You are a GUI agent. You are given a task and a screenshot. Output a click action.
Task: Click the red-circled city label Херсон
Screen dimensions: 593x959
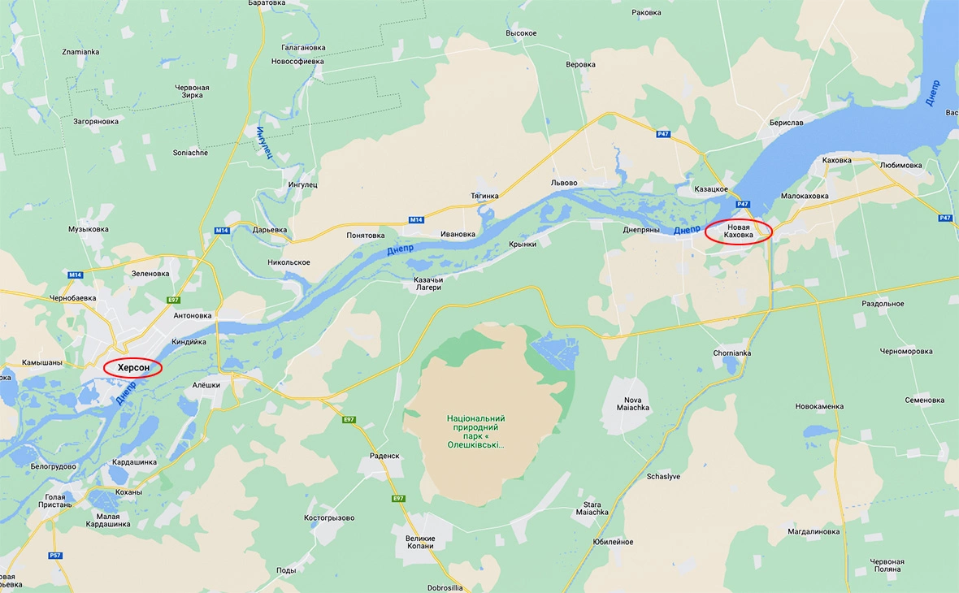coord(133,368)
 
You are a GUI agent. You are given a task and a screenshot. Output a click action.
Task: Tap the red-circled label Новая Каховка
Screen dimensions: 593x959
coord(738,232)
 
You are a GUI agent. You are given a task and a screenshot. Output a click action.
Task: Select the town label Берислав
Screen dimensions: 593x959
coord(786,123)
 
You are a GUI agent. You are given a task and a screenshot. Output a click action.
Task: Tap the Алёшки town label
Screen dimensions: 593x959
coord(206,385)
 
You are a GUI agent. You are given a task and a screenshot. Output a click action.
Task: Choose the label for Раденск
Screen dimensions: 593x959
coord(384,456)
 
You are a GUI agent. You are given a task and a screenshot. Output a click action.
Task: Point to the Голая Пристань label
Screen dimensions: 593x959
coord(55,502)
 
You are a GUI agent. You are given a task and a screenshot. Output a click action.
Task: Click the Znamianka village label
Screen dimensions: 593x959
coord(80,52)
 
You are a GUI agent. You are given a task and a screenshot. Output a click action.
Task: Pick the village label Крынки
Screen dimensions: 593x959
coord(523,244)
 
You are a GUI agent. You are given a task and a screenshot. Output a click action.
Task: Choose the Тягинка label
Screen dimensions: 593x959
coord(484,196)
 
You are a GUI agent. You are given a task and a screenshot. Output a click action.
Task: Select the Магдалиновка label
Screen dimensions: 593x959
coord(814,531)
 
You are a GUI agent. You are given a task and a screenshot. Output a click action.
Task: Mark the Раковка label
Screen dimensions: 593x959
coord(646,12)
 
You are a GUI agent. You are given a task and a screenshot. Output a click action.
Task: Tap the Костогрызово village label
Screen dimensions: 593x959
coord(329,517)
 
